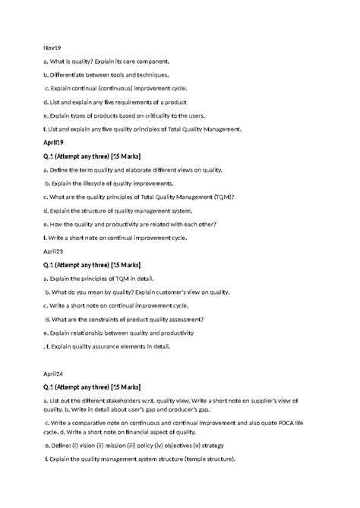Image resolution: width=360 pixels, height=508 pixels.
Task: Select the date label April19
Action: click(x=55, y=142)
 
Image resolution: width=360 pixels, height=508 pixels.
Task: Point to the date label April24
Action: click(x=55, y=374)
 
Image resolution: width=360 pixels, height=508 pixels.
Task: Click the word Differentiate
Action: click(x=75, y=74)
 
